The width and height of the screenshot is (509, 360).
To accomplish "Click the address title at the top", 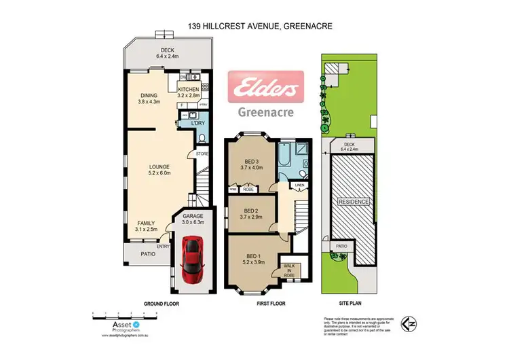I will tap(254, 27).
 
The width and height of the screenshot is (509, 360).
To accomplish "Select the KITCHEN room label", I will tap(188, 90).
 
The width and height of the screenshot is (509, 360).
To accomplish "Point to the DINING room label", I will tap(148, 96).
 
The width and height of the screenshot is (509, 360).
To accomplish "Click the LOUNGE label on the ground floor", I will tap(160, 166).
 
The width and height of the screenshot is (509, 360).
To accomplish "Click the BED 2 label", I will tap(251, 211).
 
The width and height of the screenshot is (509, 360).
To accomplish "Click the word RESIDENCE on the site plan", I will tap(354, 202).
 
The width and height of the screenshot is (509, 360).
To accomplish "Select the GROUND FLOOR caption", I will tap(162, 304).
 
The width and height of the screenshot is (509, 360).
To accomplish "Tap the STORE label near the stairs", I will tap(202, 154).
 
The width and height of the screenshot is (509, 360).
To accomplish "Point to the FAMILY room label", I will tap(147, 223).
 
